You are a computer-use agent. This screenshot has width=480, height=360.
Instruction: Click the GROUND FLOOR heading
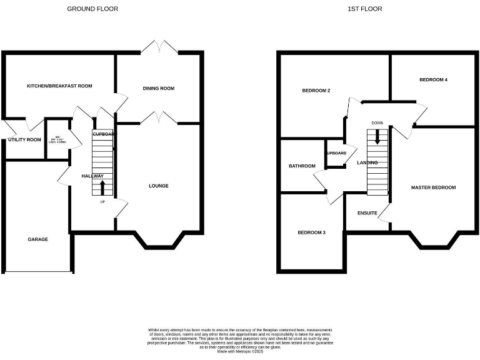(x=92, y=9)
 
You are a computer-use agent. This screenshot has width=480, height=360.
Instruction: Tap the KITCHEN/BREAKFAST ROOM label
(x=59, y=86)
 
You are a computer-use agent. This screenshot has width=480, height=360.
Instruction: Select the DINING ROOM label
(x=159, y=89)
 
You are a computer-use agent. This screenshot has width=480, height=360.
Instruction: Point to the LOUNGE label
(x=158, y=186)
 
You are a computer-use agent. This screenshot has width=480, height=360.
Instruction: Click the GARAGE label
(x=37, y=239)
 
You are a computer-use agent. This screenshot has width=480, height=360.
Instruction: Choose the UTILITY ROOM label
(x=24, y=140)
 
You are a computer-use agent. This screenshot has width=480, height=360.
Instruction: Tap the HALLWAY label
(x=92, y=176)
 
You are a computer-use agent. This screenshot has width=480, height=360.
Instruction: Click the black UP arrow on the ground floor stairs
(x=103, y=187)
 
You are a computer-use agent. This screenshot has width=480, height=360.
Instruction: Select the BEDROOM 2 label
(x=316, y=91)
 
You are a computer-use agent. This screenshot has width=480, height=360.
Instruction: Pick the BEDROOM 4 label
(x=433, y=80)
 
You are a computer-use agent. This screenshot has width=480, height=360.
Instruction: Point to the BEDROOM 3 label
(x=311, y=232)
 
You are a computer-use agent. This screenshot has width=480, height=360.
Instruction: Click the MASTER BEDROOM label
(x=433, y=187)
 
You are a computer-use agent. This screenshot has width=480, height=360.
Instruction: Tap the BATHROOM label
(x=302, y=166)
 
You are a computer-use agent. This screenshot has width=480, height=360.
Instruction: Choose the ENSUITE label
(x=367, y=214)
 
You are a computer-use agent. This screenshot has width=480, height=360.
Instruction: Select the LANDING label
(x=367, y=163)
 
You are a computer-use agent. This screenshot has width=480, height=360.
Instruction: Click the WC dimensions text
(x=56, y=140)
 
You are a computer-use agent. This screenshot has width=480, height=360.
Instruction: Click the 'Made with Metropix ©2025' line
(x=240, y=352)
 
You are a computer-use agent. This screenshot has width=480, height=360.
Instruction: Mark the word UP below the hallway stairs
(x=103, y=202)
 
